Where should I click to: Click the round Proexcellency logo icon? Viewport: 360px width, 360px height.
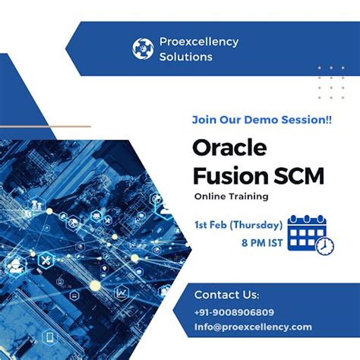(x=142, y=48)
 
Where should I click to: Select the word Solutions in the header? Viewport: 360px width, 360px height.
(x=187, y=57)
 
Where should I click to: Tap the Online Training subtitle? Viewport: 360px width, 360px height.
(x=231, y=197)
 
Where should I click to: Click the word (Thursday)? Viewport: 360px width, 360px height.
(x=258, y=225)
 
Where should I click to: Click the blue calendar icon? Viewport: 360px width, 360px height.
(x=308, y=232)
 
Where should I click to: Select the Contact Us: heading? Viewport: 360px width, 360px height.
(x=226, y=295)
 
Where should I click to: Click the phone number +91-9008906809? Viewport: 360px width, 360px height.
(x=233, y=311)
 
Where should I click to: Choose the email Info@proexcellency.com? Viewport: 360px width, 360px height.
(x=253, y=327)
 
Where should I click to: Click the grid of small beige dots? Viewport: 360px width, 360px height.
(x=330, y=81)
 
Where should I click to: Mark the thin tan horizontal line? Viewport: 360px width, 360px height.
(x=46, y=126)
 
